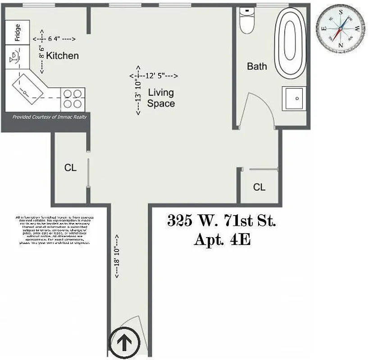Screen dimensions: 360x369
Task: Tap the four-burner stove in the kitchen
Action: click(x=73, y=99)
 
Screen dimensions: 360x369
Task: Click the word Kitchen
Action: click(x=62, y=56)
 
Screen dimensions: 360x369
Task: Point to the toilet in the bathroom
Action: click(x=247, y=22)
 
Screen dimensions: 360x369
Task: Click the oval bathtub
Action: click(x=291, y=43)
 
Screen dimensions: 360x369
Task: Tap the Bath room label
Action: click(x=257, y=67)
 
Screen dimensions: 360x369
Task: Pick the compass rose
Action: click(x=340, y=28)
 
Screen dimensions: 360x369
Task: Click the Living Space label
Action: click(x=161, y=98)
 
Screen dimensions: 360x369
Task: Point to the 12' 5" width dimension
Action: click(x=155, y=76)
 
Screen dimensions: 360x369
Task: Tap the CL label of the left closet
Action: click(x=70, y=168)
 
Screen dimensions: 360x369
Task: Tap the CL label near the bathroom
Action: click(x=259, y=187)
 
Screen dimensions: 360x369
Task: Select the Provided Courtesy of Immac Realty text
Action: click(x=50, y=117)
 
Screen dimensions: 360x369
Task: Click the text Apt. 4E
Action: click(x=222, y=239)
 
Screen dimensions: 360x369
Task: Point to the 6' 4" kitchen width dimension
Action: click(x=55, y=39)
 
